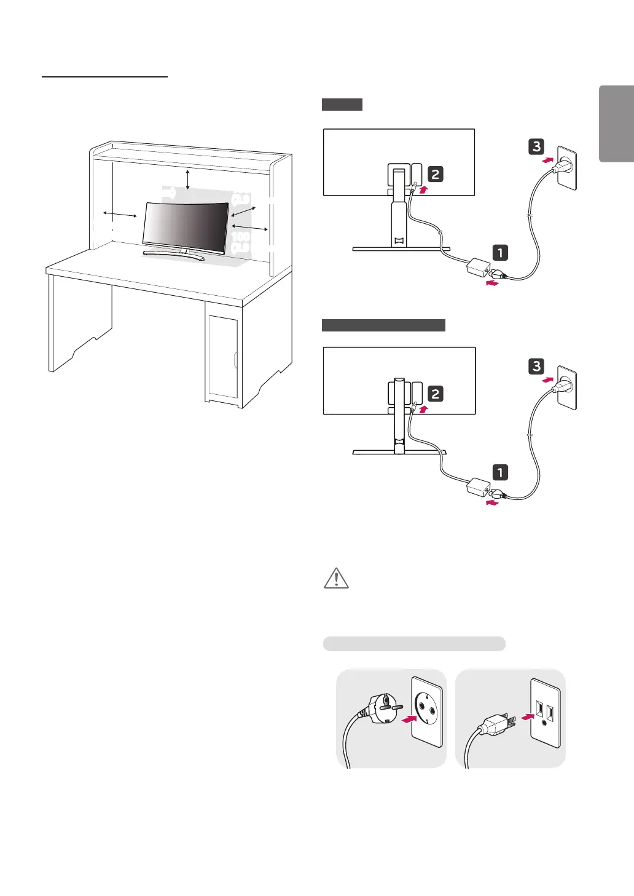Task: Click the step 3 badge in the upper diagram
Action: click(x=536, y=146)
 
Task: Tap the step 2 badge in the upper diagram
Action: click(x=435, y=174)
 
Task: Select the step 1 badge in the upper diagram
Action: click(x=500, y=252)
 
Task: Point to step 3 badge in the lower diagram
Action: click(x=536, y=367)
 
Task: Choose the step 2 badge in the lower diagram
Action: click(x=435, y=394)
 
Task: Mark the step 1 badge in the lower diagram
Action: click(x=500, y=472)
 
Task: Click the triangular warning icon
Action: click(x=336, y=578)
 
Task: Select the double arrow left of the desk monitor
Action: click(x=120, y=214)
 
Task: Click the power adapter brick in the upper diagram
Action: click(x=477, y=269)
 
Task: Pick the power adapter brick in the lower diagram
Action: click(x=477, y=488)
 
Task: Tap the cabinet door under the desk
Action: click(x=222, y=357)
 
